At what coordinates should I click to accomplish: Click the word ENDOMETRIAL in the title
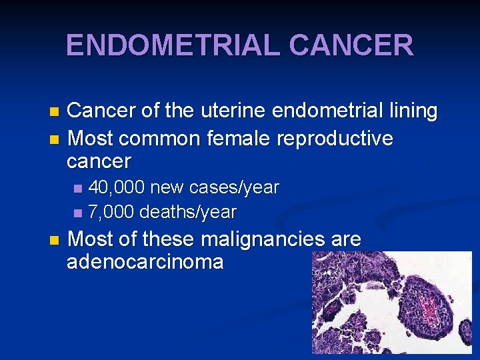[x=174, y=45]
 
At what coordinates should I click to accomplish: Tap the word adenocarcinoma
[x=145, y=261]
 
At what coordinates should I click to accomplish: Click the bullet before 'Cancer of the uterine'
[x=55, y=111]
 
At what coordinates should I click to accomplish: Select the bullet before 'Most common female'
[x=55, y=139]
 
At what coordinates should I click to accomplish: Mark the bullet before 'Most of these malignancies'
[x=55, y=239]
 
